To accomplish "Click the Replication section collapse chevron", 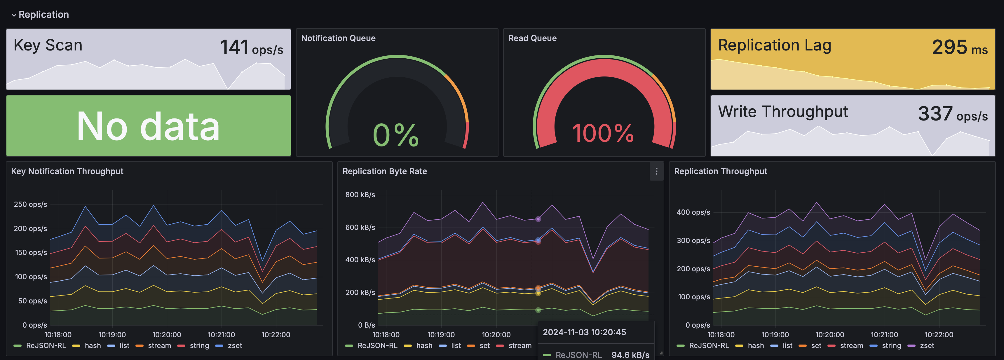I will point(14,15).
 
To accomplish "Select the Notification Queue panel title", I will point(338,38).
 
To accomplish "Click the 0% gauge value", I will point(395,135).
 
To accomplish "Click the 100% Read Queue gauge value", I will point(603,133).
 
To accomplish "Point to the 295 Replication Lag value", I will point(949,48).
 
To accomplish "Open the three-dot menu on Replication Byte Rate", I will point(656,172).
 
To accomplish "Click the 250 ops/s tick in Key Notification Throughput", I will point(30,204).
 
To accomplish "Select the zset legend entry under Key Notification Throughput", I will point(235,346).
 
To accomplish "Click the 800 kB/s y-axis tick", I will point(360,194).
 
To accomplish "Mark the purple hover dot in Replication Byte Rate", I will point(538,219).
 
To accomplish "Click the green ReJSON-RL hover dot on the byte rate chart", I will point(538,310).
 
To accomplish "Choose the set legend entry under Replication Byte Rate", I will point(484,346).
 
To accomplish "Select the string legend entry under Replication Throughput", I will point(891,346).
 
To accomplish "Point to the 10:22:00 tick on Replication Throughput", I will point(939,335).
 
